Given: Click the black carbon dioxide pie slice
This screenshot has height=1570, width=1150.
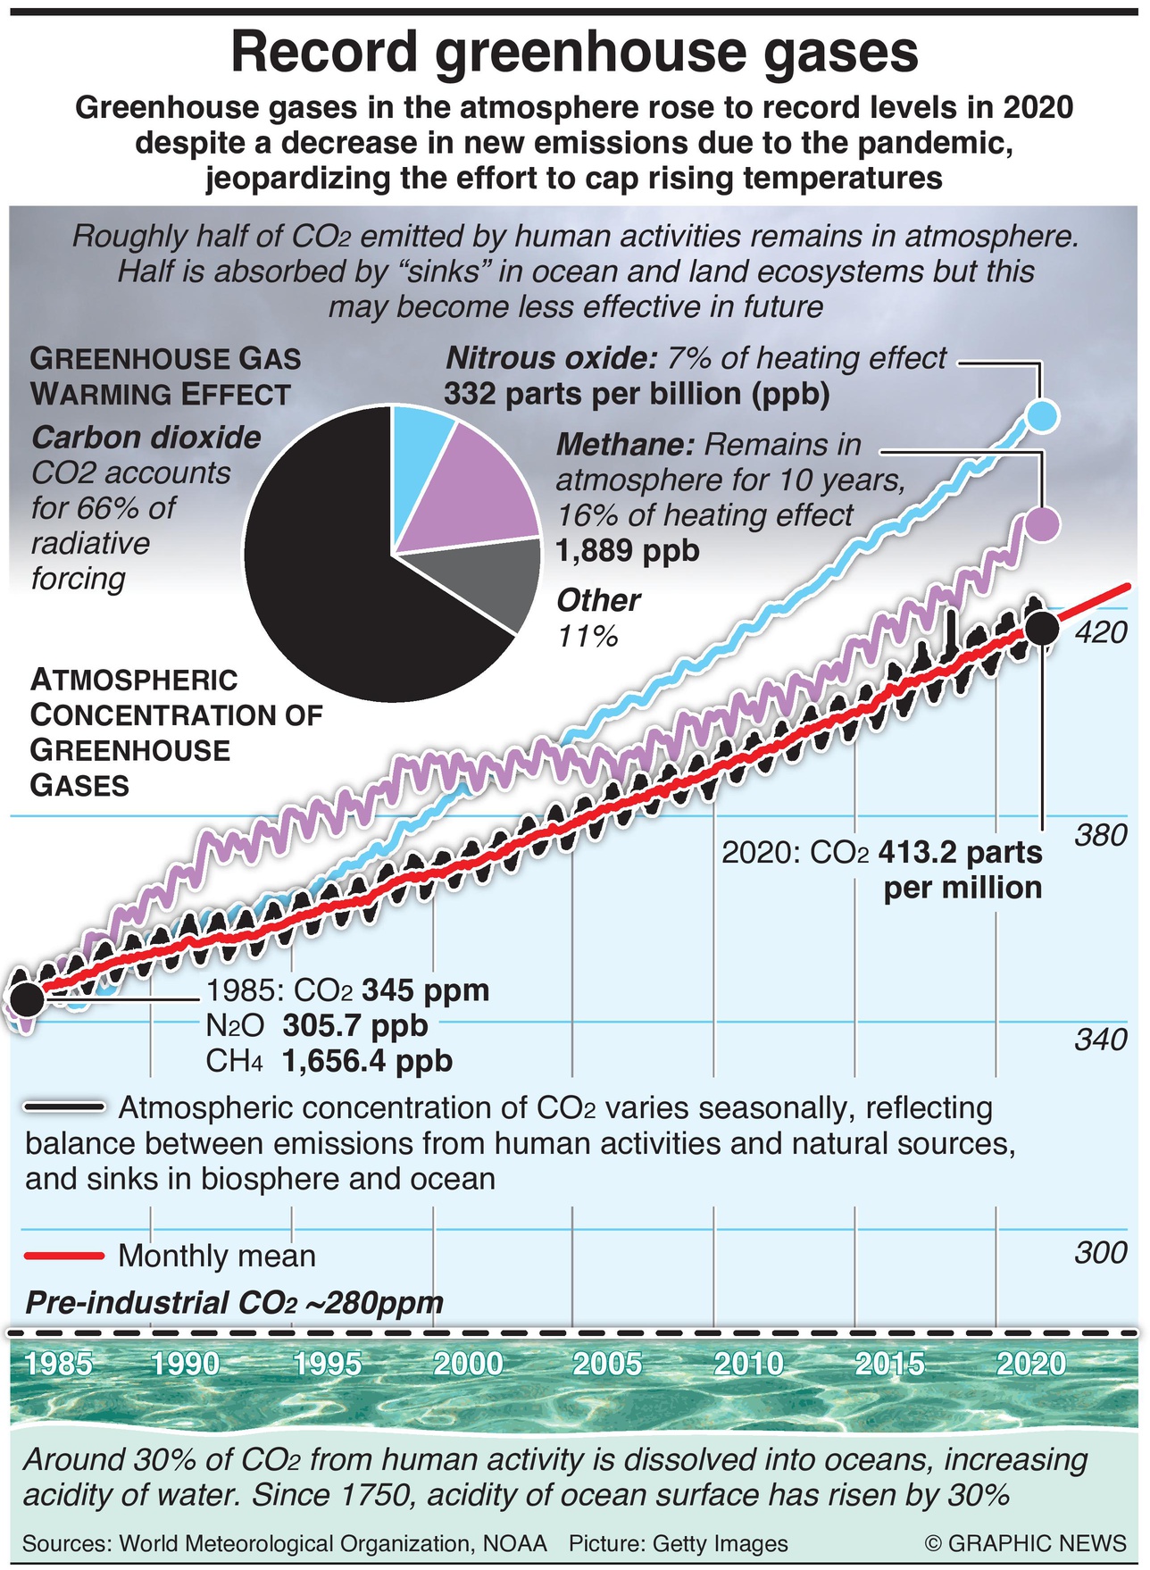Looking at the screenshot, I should [x=321, y=572].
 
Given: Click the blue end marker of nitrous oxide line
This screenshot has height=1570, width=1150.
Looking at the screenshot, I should [x=1042, y=415].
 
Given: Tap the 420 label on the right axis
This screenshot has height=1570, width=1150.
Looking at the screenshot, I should [x=1101, y=632].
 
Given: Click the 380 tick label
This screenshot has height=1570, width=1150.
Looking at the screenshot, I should [x=1101, y=836].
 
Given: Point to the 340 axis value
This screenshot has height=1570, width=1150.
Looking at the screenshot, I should [x=1101, y=1040].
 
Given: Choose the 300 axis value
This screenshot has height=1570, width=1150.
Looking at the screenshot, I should [x=1101, y=1253].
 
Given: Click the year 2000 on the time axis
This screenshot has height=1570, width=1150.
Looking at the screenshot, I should [x=468, y=1364].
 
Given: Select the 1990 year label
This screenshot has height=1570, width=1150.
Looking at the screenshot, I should [x=185, y=1364].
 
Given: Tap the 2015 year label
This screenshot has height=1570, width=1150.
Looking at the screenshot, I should [x=890, y=1364].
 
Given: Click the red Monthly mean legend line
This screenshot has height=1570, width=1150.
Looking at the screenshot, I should [x=65, y=1256].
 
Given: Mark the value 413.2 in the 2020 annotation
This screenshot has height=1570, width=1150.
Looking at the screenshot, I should [x=915, y=853].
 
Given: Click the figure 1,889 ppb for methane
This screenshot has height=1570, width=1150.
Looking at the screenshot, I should [x=628, y=550].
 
